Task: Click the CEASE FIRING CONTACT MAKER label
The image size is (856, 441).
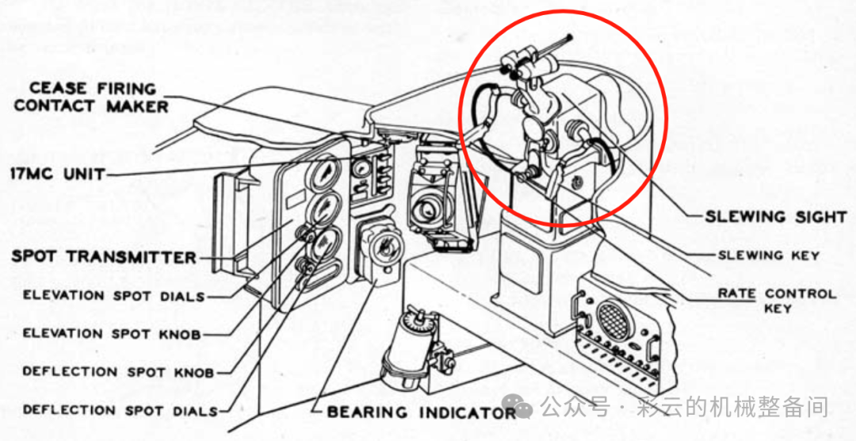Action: pyautogui.click(x=91, y=97)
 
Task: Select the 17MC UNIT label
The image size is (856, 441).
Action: pyautogui.click(x=58, y=174)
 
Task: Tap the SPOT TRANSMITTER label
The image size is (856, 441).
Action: pyautogui.click(x=104, y=257)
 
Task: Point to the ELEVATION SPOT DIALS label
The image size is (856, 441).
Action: pyautogui.click(x=113, y=296)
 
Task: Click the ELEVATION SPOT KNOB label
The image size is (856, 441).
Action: pyautogui.click(x=112, y=334)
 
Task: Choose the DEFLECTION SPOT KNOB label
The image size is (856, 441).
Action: pyautogui.click(x=118, y=372)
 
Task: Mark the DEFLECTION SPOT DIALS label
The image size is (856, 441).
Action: pyautogui.click(x=120, y=410)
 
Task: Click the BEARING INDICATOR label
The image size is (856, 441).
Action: pyautogui.click(x=422, y=412)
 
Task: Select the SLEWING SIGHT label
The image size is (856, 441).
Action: pyautogui.click(x=776, y=217)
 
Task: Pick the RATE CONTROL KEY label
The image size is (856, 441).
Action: pyautogui.click(x=777, y=301)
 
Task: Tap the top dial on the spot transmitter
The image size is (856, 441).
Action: pyautogui.click(x=326, y=172)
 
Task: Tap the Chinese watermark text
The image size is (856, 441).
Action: pyautogui.click(x=685, y=407)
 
